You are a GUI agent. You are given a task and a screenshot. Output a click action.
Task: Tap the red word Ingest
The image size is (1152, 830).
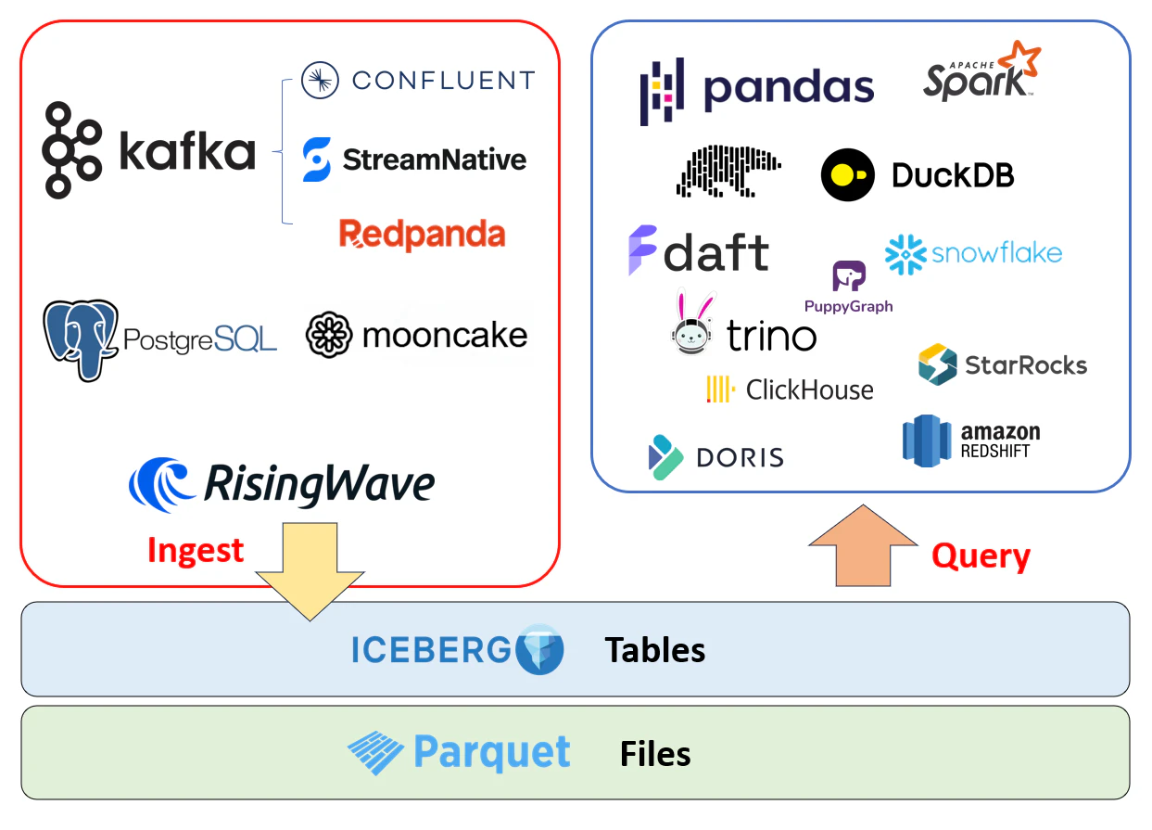[x=196, y=551]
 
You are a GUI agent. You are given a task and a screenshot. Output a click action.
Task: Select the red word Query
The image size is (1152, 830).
[x=981, y=555]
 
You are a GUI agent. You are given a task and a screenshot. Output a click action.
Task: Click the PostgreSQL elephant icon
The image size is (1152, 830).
[x=82, y=339]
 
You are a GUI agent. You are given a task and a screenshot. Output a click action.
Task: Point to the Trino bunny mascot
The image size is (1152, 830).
[x=692, y=322]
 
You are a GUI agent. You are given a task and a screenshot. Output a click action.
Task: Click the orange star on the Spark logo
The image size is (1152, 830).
[x=1020, y=58]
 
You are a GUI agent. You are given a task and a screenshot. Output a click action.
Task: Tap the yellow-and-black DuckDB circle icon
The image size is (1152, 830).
[x=847, y=175]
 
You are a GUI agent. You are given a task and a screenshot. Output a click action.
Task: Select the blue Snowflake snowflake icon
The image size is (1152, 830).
[x=905, y=254]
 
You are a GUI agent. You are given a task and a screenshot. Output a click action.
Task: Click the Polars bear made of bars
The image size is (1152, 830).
[x=728, y=171]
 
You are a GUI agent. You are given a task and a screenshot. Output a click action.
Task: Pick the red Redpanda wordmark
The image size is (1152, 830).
[x=423, y=234]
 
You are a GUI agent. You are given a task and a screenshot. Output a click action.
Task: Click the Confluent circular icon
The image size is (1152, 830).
[x=320, y=81]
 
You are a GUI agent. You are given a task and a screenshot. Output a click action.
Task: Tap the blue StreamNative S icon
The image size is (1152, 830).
[x=317, y=160]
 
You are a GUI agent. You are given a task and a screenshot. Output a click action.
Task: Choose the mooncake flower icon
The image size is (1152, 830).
[x=329, y=335]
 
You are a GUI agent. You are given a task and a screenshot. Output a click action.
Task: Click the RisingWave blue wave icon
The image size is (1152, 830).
[x=161, y=484]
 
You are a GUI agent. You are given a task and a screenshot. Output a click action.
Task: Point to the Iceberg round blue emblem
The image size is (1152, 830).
[x=539, y=649]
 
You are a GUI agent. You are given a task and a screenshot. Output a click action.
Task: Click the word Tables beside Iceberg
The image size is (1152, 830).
[x=654, y=650]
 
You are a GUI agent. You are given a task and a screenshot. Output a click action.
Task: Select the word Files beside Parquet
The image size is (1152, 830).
[x=655, y=754]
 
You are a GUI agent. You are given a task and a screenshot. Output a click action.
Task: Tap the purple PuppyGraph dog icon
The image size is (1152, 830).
[x=849, y=275]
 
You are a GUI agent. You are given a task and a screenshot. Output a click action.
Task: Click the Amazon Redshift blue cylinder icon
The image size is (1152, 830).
[x=927, y=441]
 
